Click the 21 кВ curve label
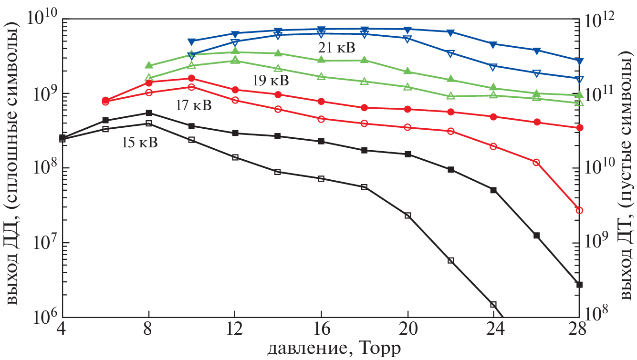click(337, 48)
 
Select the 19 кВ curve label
click(271, 81)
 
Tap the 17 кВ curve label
click(194, 105)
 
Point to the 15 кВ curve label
click(139, 142)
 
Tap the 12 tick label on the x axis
click(235, 329)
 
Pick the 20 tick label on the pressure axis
click(407, 329)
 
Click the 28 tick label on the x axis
click(579, 329)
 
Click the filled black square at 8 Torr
click(149, 113)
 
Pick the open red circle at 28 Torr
click(579, 210)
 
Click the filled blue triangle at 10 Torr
click(192, 42)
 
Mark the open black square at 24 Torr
click(493, 304)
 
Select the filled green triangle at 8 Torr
click(149, 65)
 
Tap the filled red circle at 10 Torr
click(192, 78)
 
